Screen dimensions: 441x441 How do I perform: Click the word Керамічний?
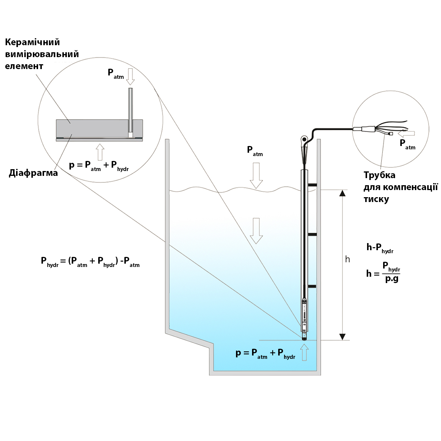[x=32, y=42]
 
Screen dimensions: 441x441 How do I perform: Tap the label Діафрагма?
[x=33, y=173]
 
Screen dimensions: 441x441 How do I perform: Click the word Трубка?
[x=379, y=175]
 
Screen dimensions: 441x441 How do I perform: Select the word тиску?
[x=376, y=199]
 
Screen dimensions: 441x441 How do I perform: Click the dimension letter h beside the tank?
[x=348, y=259]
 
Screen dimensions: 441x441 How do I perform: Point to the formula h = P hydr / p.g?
[x=383, y=273]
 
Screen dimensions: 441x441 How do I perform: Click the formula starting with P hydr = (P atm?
[x=90, y=261]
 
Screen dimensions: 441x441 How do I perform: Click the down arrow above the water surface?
[x=256, y=176]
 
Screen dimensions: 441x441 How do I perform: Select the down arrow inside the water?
[x=256, y=230]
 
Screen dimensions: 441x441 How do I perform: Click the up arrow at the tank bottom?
[x=304, y=352]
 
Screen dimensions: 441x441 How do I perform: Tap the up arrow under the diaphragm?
[x=100, y=152]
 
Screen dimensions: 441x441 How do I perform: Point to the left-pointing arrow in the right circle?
[x=406, y=133]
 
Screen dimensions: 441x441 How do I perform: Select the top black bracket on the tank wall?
[x=312, y=185]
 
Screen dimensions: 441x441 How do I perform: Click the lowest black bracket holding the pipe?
[x=312, y=286]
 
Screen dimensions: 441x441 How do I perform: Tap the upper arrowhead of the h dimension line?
[x=342, y=193]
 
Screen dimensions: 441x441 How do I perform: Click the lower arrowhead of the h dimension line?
[x=342, y=336]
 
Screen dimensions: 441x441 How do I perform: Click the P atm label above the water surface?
[x=255, y=151]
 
